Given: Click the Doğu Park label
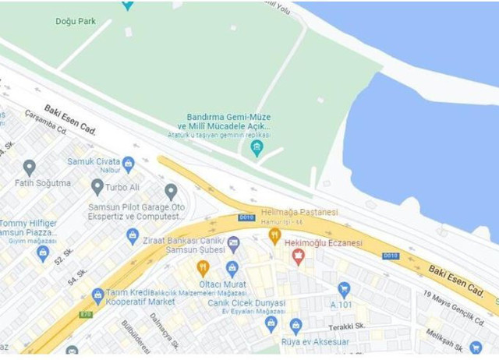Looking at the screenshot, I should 76,21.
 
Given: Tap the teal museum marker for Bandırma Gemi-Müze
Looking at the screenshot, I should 257,146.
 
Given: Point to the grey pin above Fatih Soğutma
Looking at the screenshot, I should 30,167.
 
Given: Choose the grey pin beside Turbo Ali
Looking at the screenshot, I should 97,186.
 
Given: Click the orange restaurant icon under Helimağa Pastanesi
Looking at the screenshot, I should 274,235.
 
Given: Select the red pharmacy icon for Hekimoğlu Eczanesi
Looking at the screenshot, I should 297,257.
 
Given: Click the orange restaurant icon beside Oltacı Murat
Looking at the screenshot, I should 203,269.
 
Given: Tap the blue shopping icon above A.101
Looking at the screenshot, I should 344,289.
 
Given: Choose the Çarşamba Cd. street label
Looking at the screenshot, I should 44,121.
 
